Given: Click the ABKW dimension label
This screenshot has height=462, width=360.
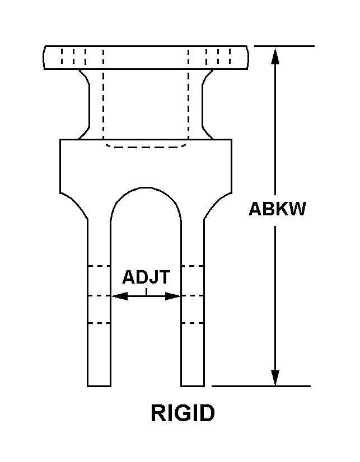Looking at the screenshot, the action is point(277,209).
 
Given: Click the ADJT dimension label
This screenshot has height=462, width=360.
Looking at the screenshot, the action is point(146,277).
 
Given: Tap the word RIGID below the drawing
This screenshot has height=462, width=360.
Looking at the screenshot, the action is point(183,413).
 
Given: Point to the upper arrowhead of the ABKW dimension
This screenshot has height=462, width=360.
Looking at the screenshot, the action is point(275,56).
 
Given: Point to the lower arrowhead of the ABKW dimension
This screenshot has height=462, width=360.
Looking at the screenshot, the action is point(275,377).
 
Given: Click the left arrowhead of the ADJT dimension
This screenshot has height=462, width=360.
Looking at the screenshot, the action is point(119,296).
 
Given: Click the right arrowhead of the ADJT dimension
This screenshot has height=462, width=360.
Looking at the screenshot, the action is point(173,296).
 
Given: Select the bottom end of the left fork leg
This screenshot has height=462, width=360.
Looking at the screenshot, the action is point(99,386).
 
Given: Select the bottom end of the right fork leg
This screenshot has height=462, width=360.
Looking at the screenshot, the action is point(193,386).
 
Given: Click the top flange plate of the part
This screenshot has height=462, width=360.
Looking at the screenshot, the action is point(146,58).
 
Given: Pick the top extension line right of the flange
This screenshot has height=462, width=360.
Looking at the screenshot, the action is point(284,46).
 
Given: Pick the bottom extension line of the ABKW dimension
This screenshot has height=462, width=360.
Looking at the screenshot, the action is point(261,386).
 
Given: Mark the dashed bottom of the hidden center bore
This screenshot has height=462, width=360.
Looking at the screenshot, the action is point(146,147).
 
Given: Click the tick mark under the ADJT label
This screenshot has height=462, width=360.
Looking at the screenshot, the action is point(146,292).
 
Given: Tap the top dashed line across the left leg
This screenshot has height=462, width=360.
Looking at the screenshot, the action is point(99,266).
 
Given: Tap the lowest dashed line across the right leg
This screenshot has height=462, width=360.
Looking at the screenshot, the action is point(193,323).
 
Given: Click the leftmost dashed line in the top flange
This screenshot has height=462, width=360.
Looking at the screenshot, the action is point(62,56).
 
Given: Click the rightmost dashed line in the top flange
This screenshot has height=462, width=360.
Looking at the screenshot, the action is point(230,56).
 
